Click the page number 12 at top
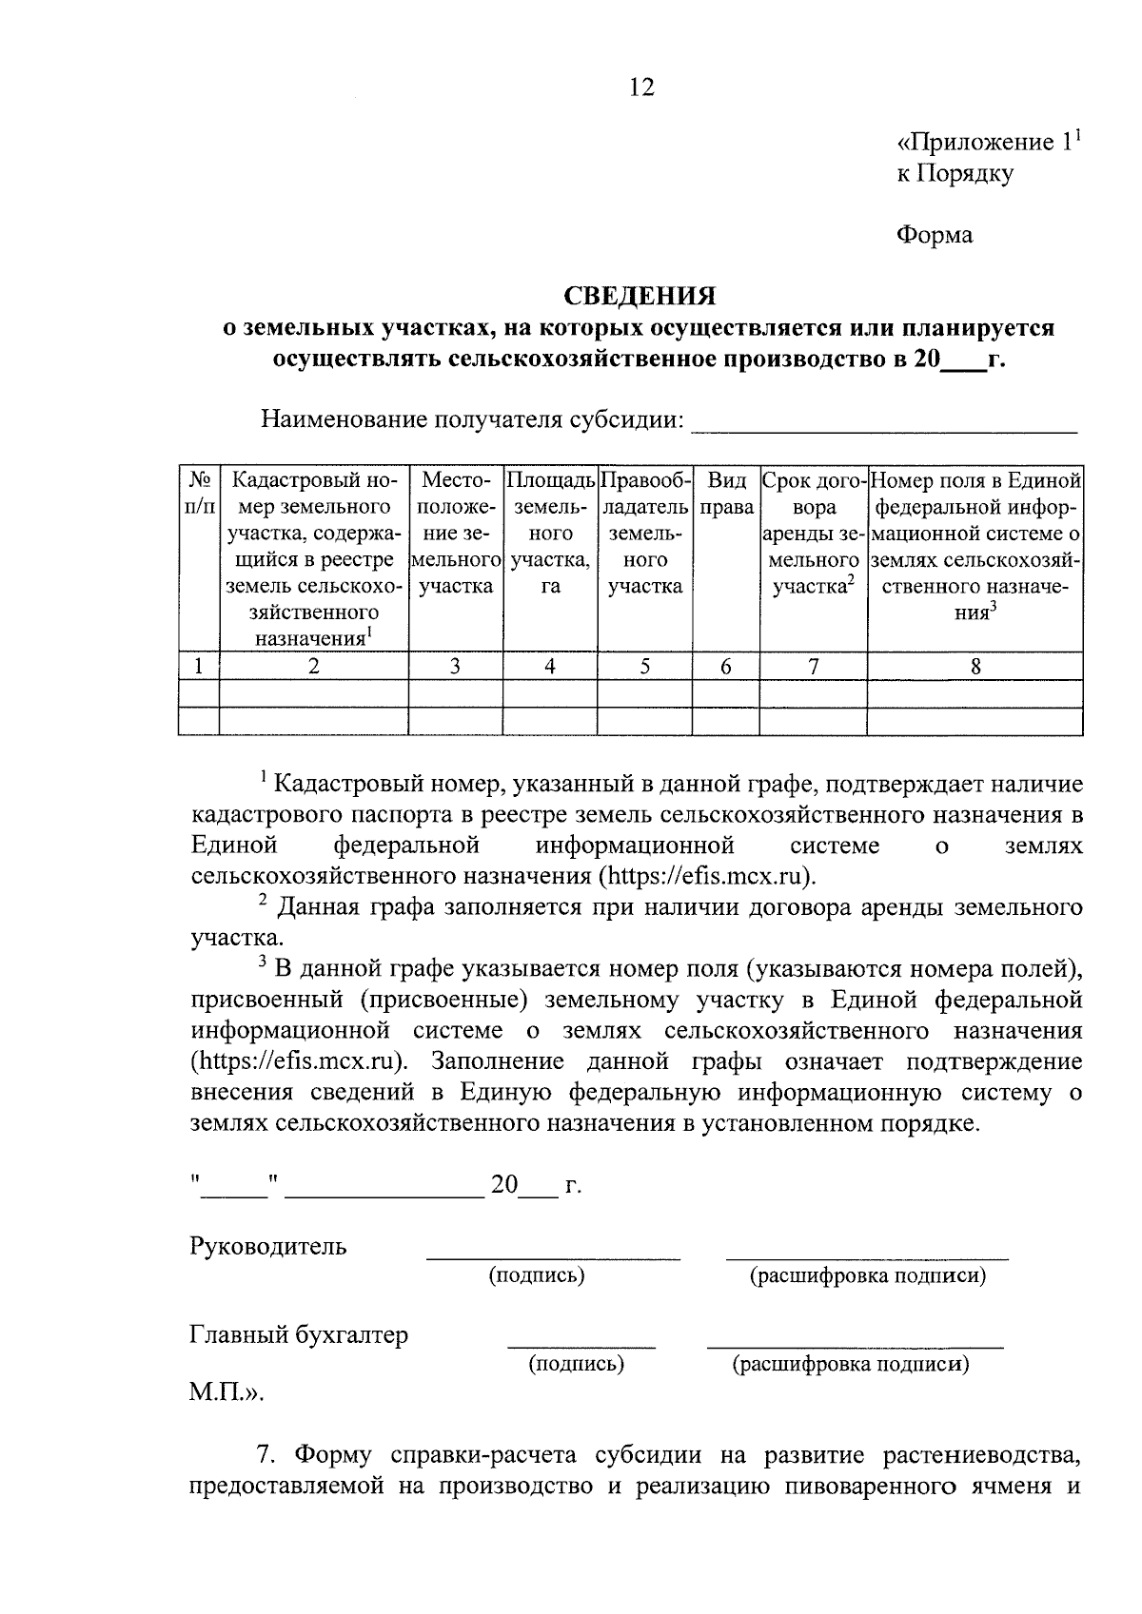[x=641, y=88]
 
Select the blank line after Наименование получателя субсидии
[x=883, y=421]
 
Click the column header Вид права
[x=726, y=494]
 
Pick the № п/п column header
[x=199, y=494]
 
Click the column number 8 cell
[x=975, y=667]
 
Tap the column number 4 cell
[x=549, y=667]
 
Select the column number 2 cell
[x=313, y=667]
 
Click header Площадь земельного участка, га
[x=549, y=534]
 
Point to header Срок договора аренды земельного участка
[x=813, y=534]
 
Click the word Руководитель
[x=268, y=1246]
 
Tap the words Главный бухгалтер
[x=299, y=1335]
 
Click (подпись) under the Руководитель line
[x=537, y=1275]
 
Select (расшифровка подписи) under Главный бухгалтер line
[x=850, y=1365]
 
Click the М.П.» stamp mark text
[x=226, y=1393]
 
